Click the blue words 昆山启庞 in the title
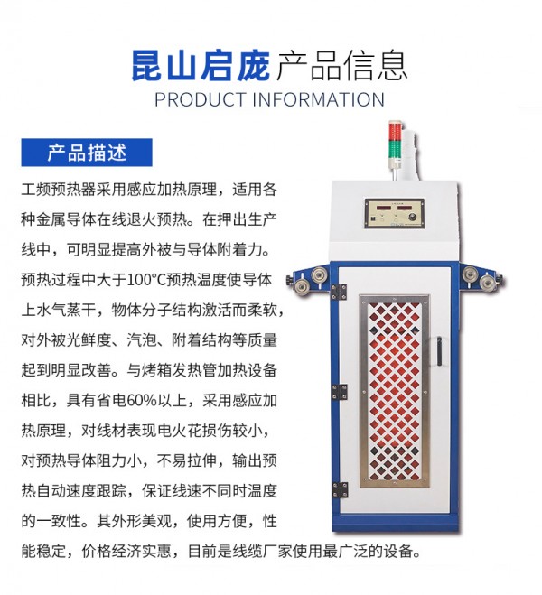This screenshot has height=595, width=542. pyautogui.click(x=201, y=66)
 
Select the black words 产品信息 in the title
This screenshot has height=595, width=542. pyautogui.click(x=342, y=66)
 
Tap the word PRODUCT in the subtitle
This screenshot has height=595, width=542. pyautogui.click(x=201, y=99)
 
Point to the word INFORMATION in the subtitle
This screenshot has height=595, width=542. pyautogui.click(x=319, y=99)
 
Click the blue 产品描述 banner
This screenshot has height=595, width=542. pyautogui.click(x=87, y=153)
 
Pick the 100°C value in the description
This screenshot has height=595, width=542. pyautogui.click(x=145, y=280)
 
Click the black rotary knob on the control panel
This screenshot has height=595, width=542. pyautogui.click(x=414, y=218)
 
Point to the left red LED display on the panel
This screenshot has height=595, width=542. pyautogui.click(x=379, y=208)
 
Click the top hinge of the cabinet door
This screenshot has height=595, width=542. pyautogui.click(x=339, y=293)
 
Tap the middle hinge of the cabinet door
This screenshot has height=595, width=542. pyautogui.click(x=340, y=392)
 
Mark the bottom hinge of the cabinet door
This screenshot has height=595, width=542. pyautogui.click(x=340, y=489)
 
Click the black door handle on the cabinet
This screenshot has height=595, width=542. pyautogui.click(x=440, y=351)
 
